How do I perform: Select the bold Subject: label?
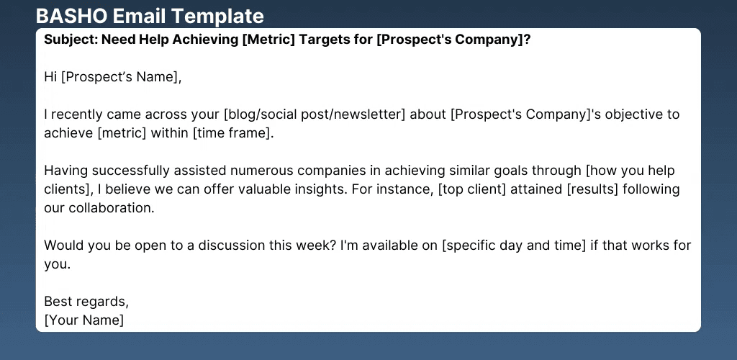click(x=71, y=40)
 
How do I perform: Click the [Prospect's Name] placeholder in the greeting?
click(x=120, y=77)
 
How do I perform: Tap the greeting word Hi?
click(x=50, y=76)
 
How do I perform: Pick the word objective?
click(x=628, y=115)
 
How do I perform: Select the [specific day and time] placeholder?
click(x=514, y=246)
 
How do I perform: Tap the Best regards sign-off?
click(x=86, y=301)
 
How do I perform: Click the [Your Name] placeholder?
click(x=84, y=320)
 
